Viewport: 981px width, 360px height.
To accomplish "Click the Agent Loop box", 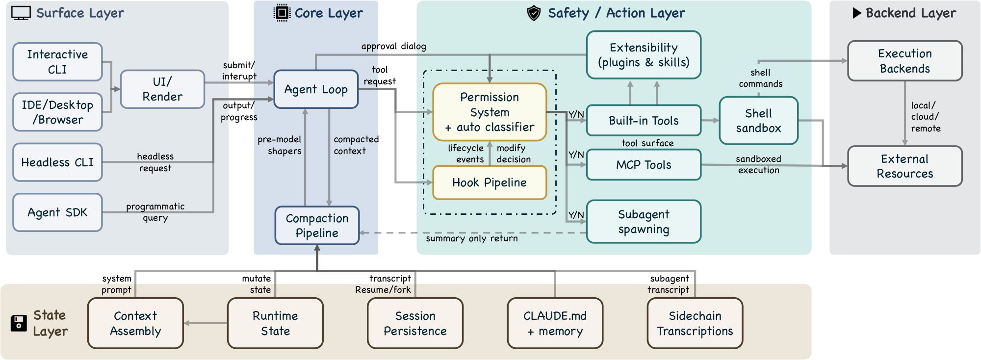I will coord(316,89).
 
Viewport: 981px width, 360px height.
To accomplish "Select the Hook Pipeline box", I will coord(489,182).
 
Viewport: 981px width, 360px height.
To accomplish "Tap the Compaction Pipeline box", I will coord(317,226).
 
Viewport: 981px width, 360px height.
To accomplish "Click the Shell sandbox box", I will coord(758,121).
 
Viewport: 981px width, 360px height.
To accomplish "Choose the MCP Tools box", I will coord(644,165).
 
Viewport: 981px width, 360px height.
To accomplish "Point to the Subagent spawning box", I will coord(644,222).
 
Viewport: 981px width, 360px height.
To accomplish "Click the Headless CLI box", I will coord(57,162).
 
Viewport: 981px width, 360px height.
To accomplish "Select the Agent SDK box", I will coord(57,212).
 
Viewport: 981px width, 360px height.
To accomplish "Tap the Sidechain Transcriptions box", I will coord(695,323).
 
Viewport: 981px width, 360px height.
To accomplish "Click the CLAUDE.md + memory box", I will coord(555,323).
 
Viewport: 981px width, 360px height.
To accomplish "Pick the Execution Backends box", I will coord(904,61).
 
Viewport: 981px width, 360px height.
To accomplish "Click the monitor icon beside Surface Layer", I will coord(21,13).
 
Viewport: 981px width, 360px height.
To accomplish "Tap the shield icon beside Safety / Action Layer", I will coord(534,13).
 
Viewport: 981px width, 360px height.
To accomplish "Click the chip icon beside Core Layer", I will coord(282,13).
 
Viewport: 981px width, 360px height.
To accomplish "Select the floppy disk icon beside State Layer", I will coord(19,323).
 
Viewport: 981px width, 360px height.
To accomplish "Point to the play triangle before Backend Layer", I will coord(857,13).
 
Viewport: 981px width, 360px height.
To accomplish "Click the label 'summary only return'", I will coord(471,239).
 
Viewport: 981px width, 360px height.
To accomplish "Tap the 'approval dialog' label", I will coord(393,47).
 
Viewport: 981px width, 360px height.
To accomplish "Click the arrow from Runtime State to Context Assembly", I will coord(206,323).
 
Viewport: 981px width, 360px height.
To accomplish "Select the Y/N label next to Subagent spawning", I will coord(576,215).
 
